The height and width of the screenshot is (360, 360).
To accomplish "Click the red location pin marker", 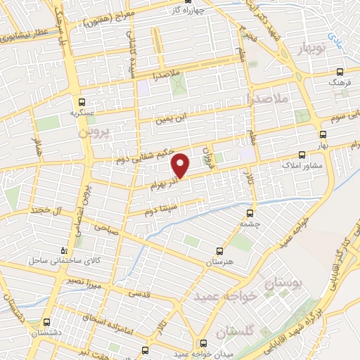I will click(x=181, y=165).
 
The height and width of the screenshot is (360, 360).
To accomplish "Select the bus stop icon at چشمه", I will click(x=250, y=213).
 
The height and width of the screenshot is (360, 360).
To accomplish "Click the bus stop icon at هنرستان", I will click(x=219, y=250).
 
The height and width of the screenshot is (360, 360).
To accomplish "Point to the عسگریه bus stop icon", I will click(x=82, y=101).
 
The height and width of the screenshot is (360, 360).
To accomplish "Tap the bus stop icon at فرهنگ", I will click(x=340, y=72).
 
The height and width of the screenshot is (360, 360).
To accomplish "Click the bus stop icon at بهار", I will click(x=323, y=133).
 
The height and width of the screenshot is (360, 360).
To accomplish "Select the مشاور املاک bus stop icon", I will click(x=302, y=154).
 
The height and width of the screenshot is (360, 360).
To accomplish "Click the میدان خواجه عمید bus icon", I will click(x=204, y=343).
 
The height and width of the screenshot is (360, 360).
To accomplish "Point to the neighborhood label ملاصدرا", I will click(x=269, y=98).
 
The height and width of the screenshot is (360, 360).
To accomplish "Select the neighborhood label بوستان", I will click(x=286, y=284).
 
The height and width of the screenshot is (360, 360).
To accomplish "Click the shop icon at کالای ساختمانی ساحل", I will click(x=65, y=250).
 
